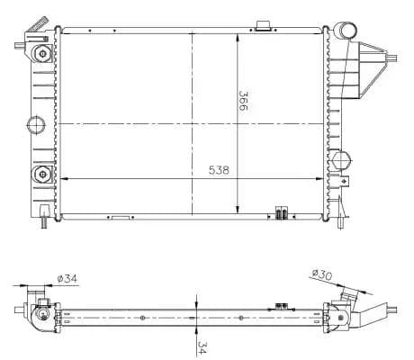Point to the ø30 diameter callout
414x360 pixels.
321,274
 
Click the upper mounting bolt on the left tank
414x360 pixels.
41,54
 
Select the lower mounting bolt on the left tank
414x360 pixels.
41,173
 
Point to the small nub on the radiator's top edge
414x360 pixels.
263,24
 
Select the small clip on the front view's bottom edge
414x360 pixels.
281,214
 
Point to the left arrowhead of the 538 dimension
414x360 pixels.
63,178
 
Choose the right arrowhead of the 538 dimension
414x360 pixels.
325,178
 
